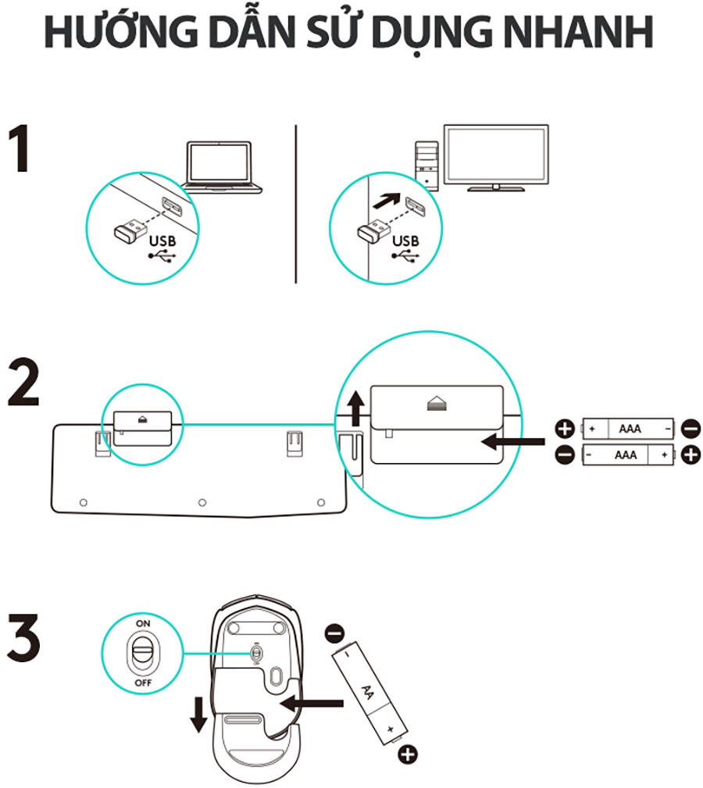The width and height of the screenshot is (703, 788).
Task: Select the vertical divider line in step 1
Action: pos(296,203)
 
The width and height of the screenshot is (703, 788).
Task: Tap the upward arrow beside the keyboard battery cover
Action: pos(356,408)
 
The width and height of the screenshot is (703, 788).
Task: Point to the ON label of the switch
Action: pos(143,625)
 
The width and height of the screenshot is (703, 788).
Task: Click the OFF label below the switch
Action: pos(143,683)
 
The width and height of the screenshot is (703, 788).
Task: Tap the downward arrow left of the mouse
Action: pos(200,715)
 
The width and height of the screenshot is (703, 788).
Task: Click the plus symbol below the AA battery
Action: pos(407,754)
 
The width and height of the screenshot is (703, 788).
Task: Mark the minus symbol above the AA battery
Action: pos(334,630)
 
